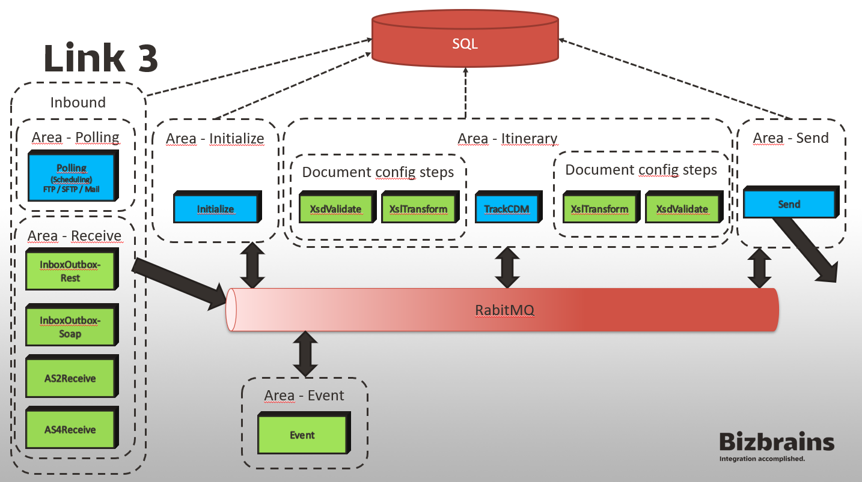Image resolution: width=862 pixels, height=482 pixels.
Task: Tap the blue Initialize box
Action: [x=215, y=209]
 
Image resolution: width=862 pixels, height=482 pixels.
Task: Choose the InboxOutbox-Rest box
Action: [x=70, y=271]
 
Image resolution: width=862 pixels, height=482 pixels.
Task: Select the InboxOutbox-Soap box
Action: [x=70, y=327]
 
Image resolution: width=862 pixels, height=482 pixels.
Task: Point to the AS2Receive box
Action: [x=70, y=378]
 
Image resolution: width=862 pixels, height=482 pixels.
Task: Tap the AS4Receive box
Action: [x=70, y=429]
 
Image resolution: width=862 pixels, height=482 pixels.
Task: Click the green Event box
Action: [x=302, y=435]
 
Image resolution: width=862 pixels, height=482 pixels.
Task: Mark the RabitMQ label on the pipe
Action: [x=504, y=310]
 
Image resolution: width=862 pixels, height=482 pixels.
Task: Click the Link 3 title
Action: [x=101, y=59]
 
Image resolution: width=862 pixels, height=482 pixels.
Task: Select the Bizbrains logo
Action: [x=777, y=446]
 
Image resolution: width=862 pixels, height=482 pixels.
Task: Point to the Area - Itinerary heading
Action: [x=507, y=139]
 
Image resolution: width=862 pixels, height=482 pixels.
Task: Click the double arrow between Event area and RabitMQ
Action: [x=305, y=355]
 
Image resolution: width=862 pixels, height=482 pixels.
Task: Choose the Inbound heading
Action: [x=78, y=102]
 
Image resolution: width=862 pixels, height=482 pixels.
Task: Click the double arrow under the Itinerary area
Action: [x=507, y=268]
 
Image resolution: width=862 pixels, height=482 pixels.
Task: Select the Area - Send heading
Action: [x=790, y=138]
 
